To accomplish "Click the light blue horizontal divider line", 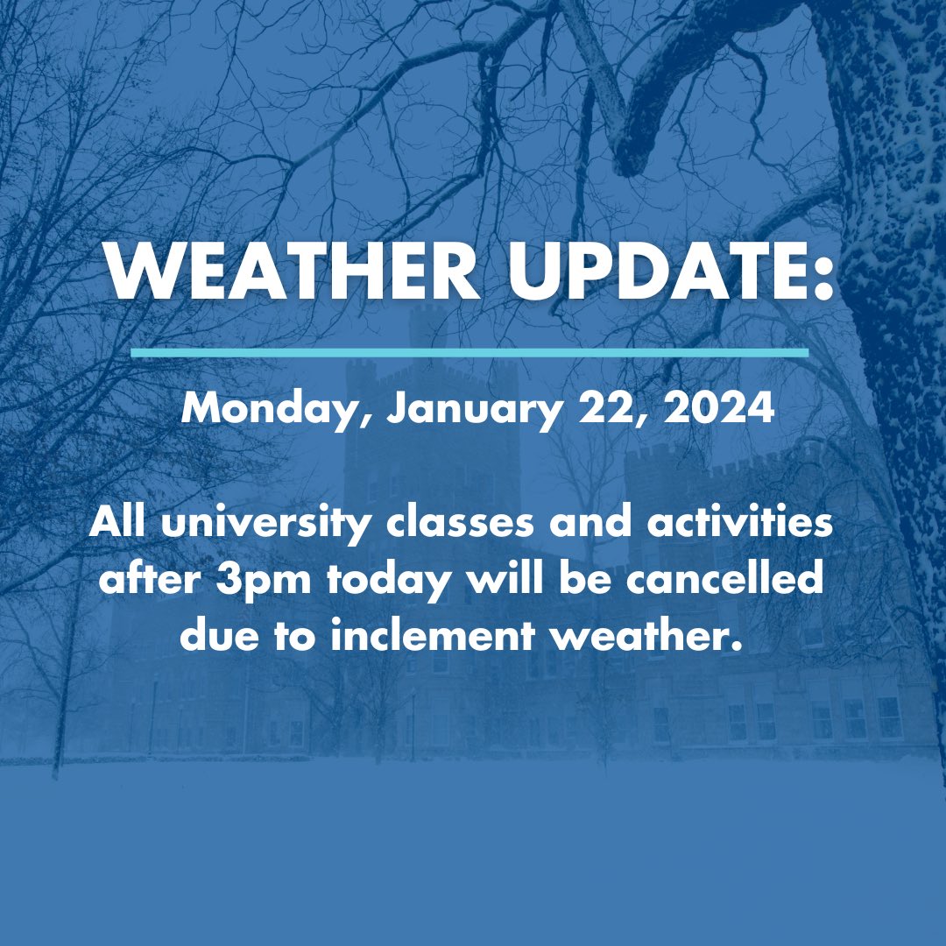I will (469, 352).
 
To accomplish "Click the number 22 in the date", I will (611, 408).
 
